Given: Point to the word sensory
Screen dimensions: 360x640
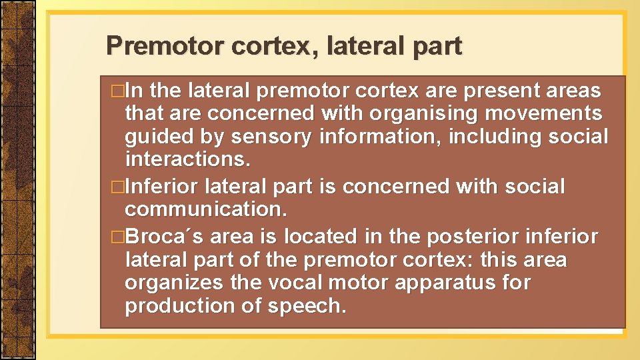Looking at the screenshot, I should click(271, 137).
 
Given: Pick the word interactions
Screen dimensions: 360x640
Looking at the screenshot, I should click(188, 159).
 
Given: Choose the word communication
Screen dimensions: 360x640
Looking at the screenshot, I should click(206, 209).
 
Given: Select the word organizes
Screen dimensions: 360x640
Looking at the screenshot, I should click(175, 283).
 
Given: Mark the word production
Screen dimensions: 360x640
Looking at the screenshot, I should click(174, 306).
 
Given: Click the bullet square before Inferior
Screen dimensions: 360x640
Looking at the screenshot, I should click(119, 187).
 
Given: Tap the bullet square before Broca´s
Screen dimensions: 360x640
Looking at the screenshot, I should click(119, 237).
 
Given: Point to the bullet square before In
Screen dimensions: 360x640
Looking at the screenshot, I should click(119, 91).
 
